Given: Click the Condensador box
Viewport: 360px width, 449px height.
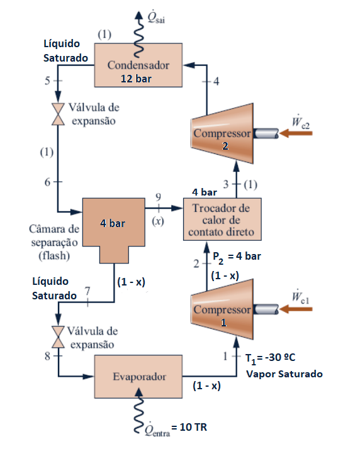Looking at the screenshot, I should tap(138, 65).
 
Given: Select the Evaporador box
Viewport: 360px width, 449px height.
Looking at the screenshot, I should tap(140, 377).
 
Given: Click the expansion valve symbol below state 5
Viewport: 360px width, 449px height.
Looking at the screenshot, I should tap(58, 113).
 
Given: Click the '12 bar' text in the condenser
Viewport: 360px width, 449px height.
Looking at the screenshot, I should tap(138, 79).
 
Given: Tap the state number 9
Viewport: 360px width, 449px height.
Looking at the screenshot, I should tap(158, 197).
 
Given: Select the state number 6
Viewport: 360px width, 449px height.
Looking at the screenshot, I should tap(46, 181).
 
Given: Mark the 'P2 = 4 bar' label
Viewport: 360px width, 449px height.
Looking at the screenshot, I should tap(235, 256).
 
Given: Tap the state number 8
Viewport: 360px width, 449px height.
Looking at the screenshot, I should tap(47, 356).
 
